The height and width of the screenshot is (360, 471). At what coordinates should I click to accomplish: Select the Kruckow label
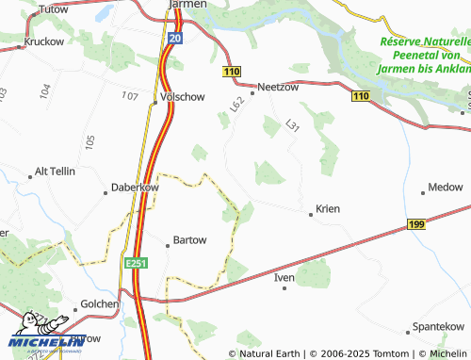pyautogui.click(x=43, y=41)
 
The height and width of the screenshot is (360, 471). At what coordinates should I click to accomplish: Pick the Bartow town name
pyautogui.click(x=189, y=240)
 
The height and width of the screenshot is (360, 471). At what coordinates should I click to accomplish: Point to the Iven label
pyautogui.click(x=284, y=278)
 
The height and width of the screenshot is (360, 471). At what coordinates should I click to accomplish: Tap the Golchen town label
pyautogui.click(x=100, y=303)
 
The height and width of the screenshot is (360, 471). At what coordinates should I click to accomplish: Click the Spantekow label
pyautogui.click(x=438, y=326)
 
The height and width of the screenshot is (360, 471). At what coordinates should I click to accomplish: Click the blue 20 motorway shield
pyautogui.click(x=175, y=38)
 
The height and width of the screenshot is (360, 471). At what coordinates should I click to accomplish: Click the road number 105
pyautogui.click(x=89, y=141)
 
